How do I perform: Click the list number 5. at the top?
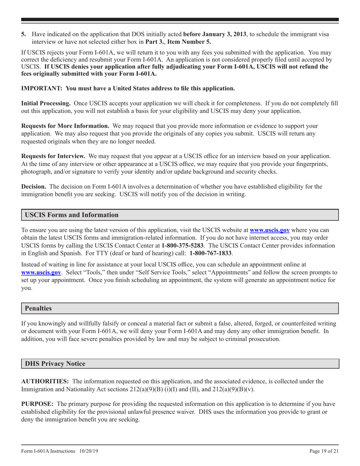point(23,34)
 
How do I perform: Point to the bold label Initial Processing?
point(45,103)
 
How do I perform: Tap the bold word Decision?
point(33,186)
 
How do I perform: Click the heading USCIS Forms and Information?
point(72,215)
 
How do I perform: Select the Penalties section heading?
point(38,308)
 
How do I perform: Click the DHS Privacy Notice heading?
point(55,364)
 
